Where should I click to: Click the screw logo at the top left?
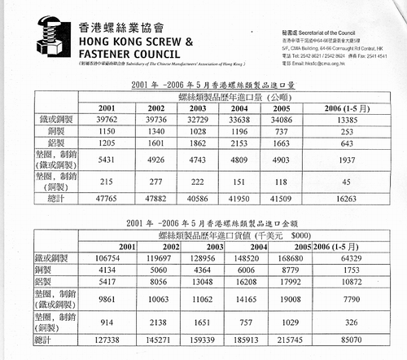click(36, 37)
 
